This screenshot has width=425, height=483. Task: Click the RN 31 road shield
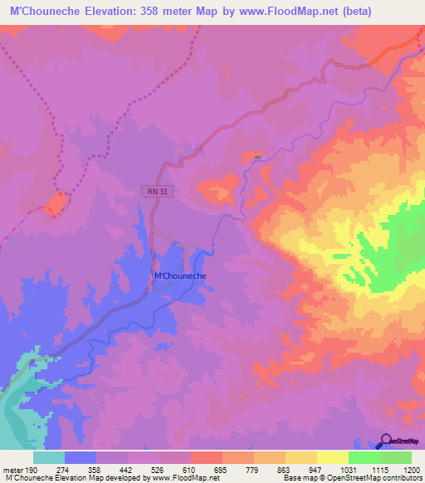click(x=149, y=190)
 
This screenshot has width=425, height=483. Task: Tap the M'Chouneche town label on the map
click(x=181, y=276)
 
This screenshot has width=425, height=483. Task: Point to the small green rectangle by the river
click(x=257, y=156)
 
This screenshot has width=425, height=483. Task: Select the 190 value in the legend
click(x=32, y=470)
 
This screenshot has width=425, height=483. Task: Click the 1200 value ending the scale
click(x=402, y=470)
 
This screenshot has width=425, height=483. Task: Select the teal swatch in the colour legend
click(x=49, y=457)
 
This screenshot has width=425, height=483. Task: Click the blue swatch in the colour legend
click(x=81, y=457)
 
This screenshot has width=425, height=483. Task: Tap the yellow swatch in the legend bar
click(x=301, y=457)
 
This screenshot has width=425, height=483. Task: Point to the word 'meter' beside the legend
click(x=13, y=470)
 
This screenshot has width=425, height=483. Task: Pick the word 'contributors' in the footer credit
click(x=402, y=479)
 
